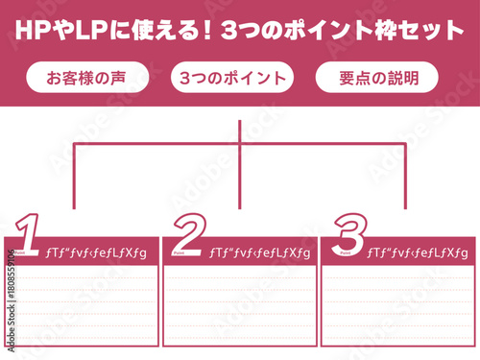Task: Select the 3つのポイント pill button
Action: (x=231, y=78)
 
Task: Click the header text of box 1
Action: (x=96, y=252)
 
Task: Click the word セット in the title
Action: (x=431, y=30)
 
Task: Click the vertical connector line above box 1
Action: (x=74, y=178)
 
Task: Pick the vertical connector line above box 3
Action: (x=403, y=178)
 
